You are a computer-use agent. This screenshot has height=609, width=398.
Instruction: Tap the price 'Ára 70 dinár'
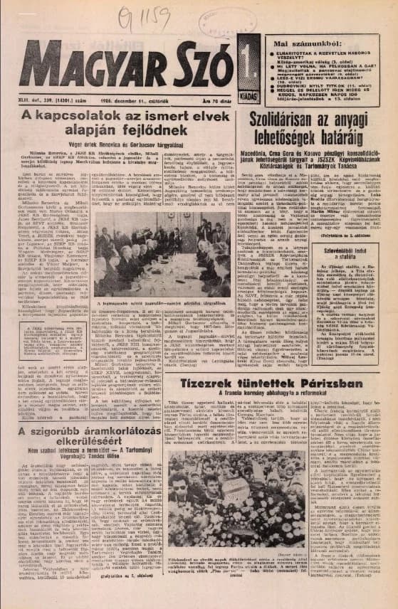[217, 102]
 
